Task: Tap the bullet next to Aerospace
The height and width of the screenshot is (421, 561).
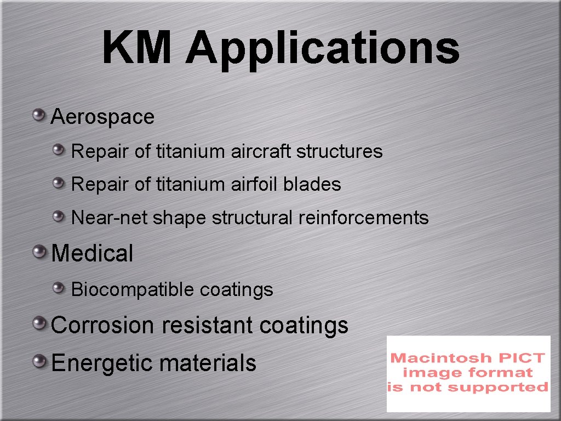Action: point(38,115)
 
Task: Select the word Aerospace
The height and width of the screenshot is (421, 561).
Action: point(102,117)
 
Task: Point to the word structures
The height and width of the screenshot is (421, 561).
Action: point(339,151)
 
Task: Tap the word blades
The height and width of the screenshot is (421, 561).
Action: point(312,184)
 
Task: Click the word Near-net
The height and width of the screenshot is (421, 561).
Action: point(110,218)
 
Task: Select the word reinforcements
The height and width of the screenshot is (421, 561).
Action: point(363,218)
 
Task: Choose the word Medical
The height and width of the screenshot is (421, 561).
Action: point(92,254)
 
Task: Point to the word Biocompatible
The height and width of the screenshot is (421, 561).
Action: point(133,289)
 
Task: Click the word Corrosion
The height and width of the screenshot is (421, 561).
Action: point(104,325)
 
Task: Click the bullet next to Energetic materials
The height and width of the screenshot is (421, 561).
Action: point(38,361)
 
